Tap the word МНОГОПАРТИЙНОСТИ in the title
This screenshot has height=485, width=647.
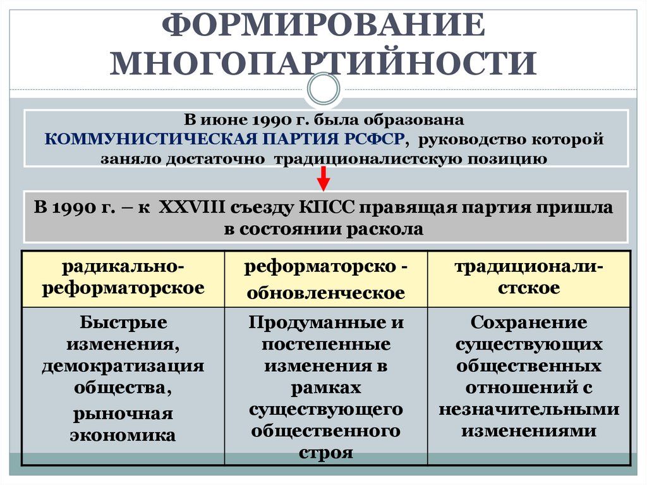[323, 63]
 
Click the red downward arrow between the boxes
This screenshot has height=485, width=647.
[323, 178]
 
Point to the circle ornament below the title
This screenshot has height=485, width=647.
[323, 89]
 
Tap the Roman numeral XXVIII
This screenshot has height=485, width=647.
[187, 207]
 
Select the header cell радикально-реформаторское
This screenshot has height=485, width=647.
[123, 278]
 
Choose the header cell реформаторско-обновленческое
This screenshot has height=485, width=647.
[326, 279]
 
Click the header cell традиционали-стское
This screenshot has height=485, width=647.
[529, 278]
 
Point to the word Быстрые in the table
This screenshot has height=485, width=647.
[124, 322]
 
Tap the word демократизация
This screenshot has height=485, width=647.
[123, 365]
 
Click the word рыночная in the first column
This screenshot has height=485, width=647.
[123, 414]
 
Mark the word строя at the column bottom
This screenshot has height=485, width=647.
[326, 453]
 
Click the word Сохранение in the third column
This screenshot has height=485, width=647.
[529, 322]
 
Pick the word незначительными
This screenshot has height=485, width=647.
[529, 409]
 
